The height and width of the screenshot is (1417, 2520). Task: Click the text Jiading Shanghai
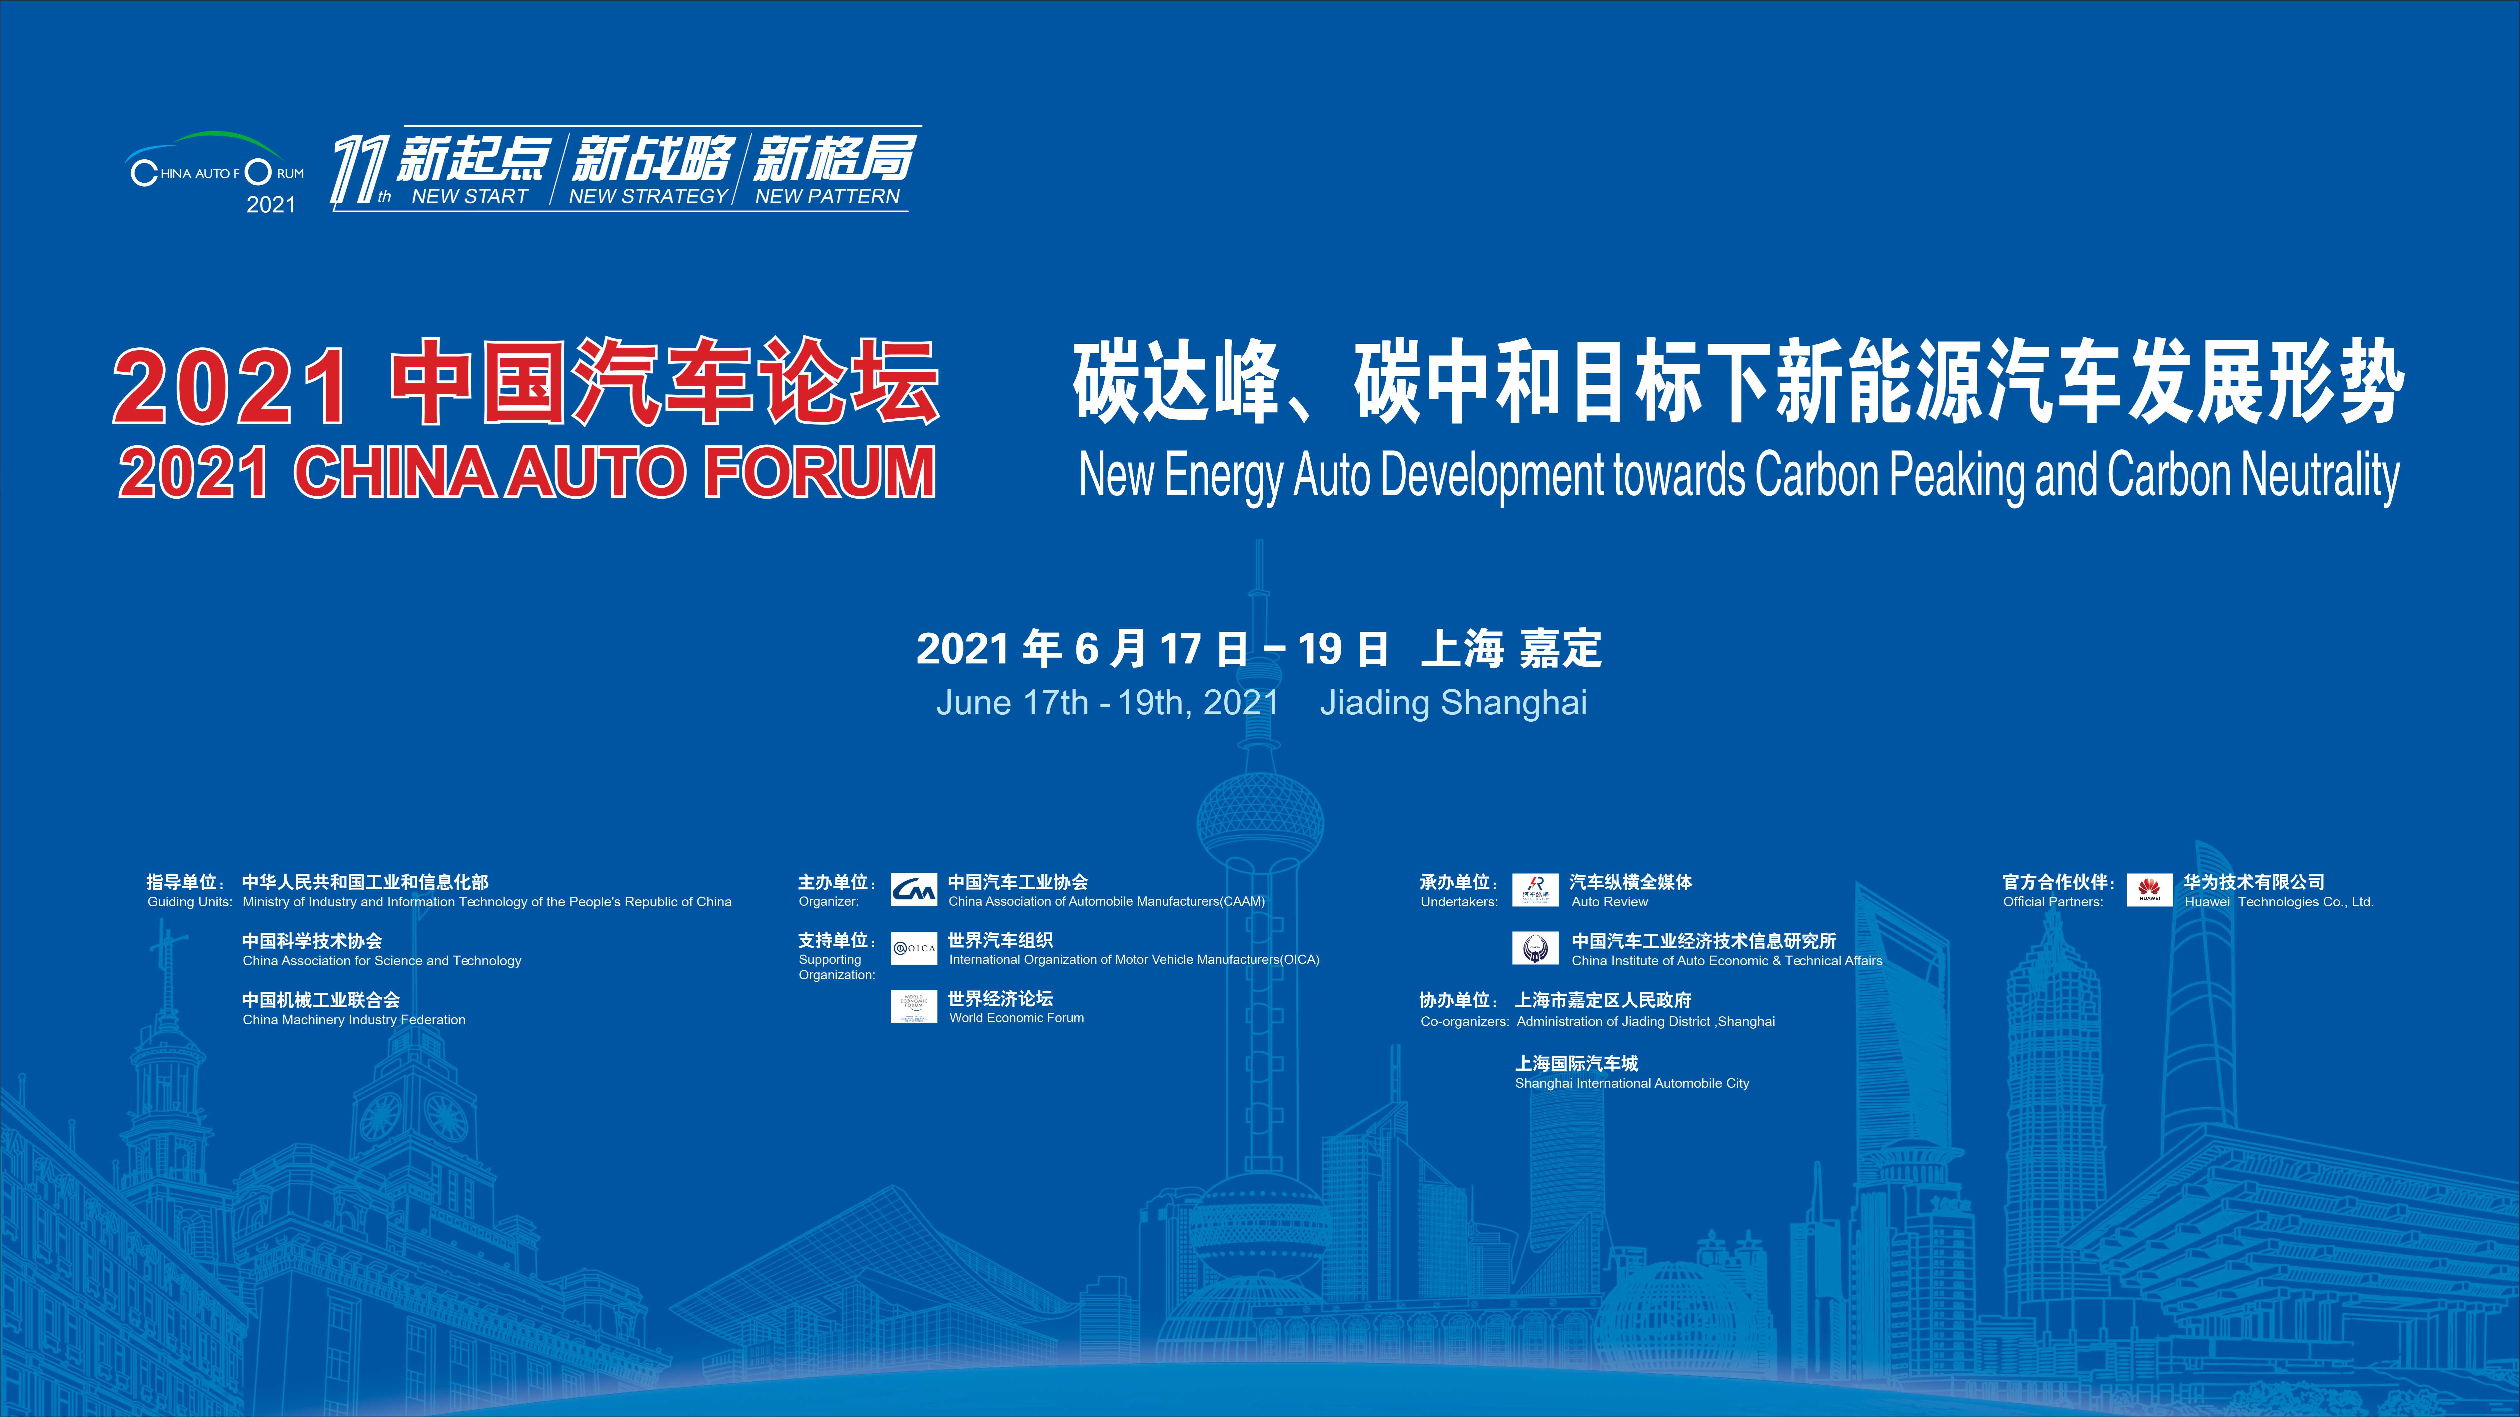1454,703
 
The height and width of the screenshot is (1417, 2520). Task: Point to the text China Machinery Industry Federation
354,1020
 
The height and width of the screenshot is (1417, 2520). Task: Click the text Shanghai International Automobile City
1632,1083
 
